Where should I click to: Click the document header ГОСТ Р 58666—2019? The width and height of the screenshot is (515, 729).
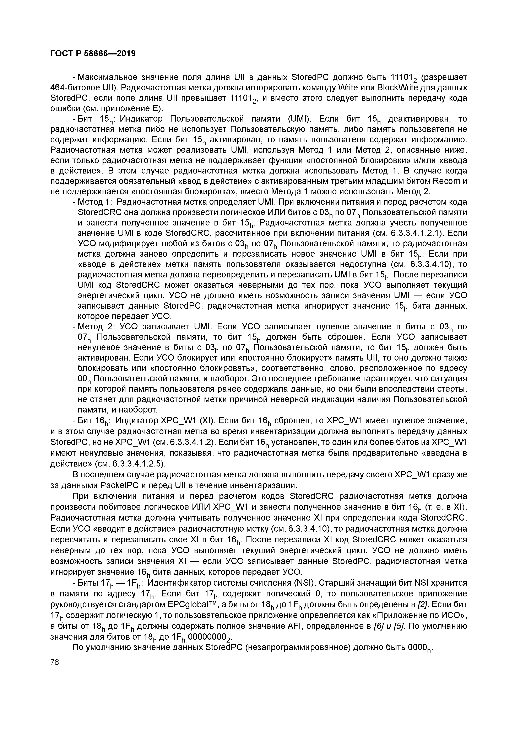pyautogui.click(x=93, y=54)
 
